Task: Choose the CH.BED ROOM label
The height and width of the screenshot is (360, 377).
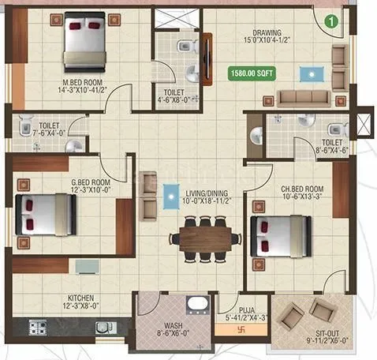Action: pyautogui.click(x=303, y=189)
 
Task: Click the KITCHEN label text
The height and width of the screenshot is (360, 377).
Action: pyautogui.click(x=81, y=298)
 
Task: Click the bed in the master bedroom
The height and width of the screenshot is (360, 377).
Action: pyautogui.click(x=86, y=41)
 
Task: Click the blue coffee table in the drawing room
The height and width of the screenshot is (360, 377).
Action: pyautogui.click(x=306, y=73)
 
